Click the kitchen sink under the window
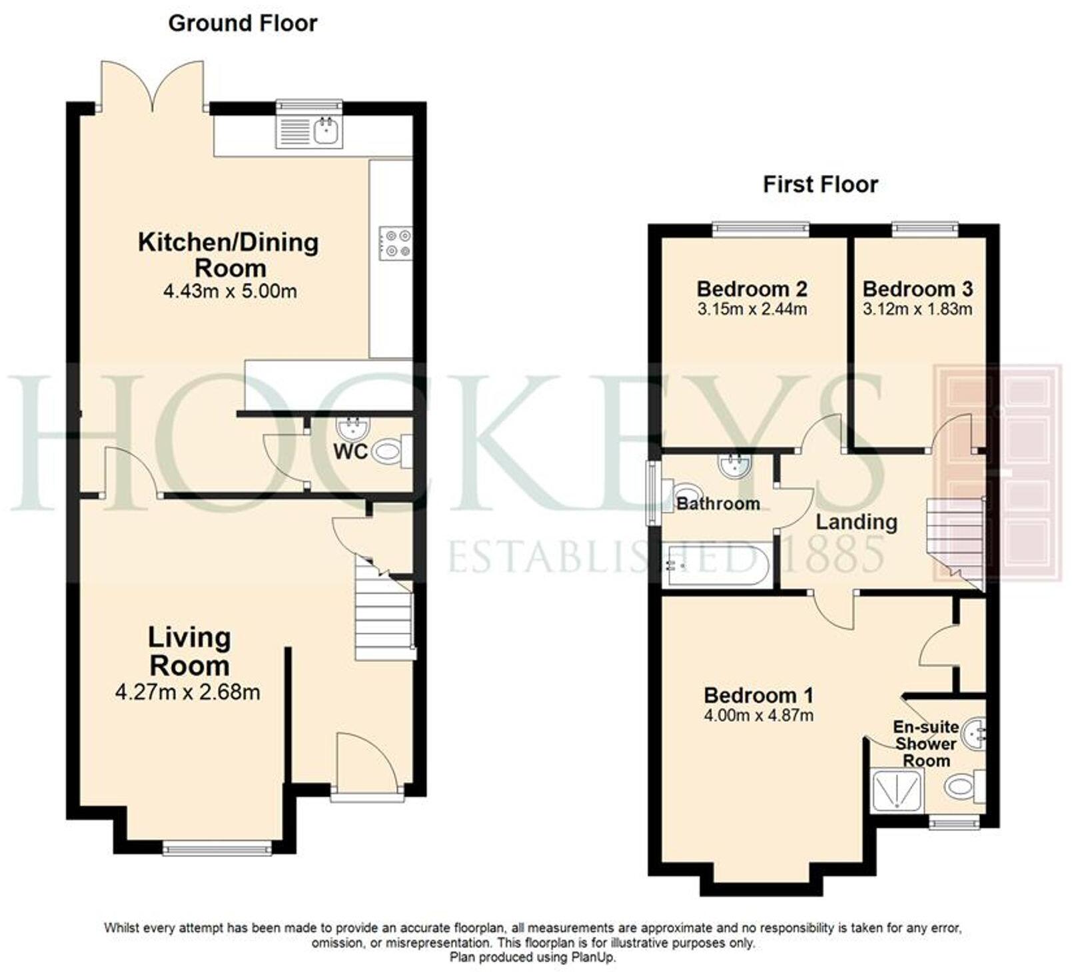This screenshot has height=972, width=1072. point(310,130)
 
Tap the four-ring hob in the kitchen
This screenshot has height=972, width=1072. point(396,243)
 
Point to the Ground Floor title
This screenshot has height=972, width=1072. point(243,23)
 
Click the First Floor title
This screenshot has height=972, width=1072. point(820,184)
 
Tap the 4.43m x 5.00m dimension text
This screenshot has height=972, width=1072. point(230,292)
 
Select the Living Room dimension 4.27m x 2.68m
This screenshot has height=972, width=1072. point(188,692)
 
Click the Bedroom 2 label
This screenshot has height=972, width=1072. point(752,289)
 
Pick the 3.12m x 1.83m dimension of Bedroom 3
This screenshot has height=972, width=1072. point(917,309)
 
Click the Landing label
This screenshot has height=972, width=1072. point(856,522)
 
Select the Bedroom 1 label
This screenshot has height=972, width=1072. point(758,696)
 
